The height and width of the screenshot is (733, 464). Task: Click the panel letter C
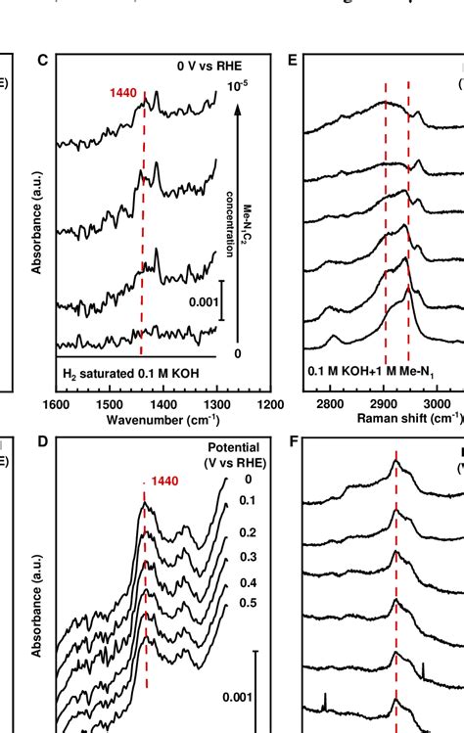[42, 61]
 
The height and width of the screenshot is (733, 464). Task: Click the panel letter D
[42, 442]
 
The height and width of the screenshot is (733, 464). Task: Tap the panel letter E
[291, 61]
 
